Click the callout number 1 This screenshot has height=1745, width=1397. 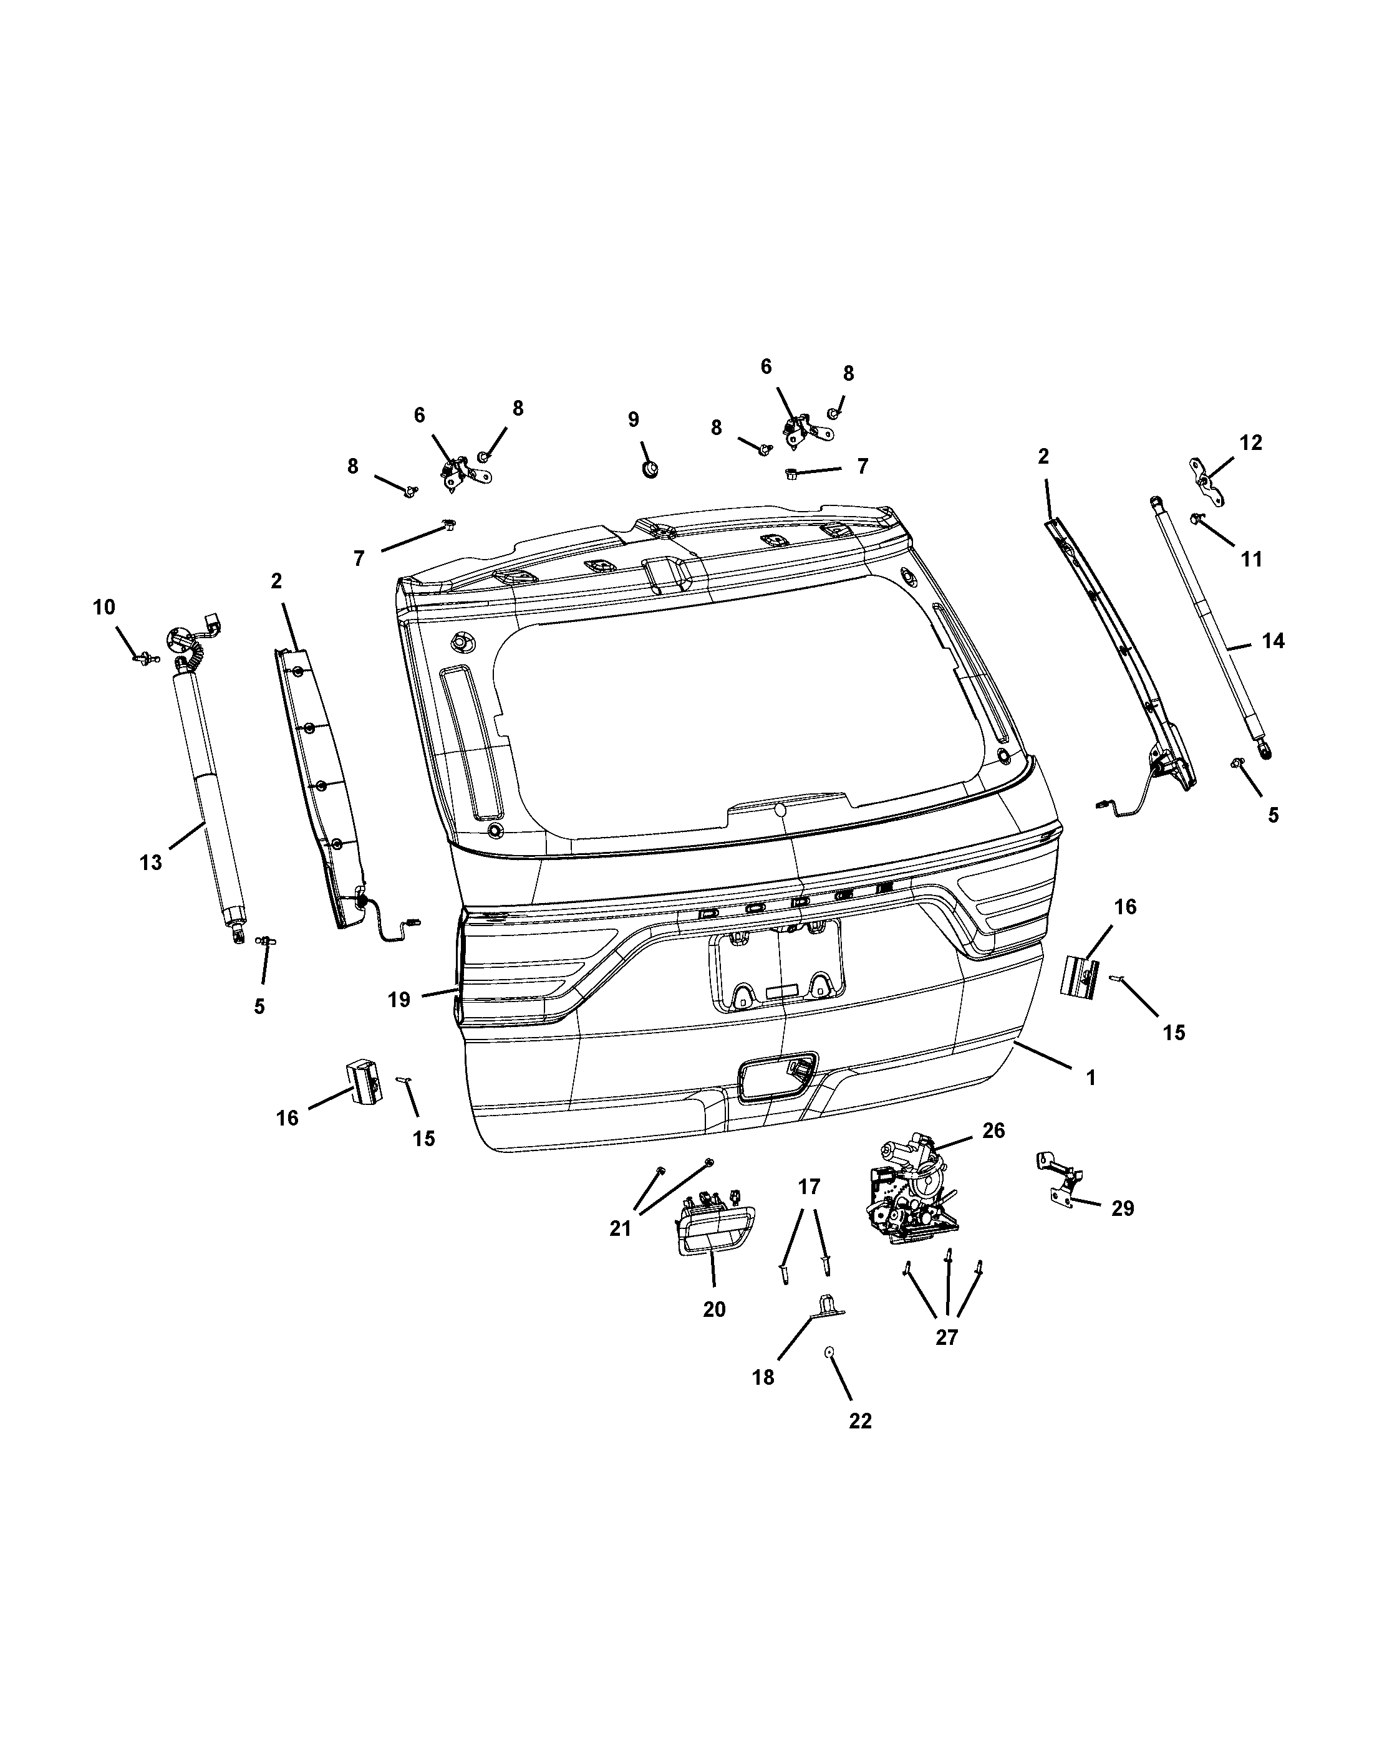point(1091,1078)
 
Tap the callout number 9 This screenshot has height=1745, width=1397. point(633,419)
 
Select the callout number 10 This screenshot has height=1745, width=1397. point(104,607)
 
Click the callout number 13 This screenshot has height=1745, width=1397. point(151,863)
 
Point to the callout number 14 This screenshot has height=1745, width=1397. point(1273,641)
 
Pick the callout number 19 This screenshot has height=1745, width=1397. point(399,1000)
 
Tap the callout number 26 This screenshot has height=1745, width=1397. point(993,1131)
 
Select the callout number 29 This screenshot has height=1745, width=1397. point(1123,1231)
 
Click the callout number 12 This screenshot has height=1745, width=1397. point(1250,442)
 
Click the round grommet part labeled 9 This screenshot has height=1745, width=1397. point(649,469)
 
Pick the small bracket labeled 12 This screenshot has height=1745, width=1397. point(1204,479)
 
